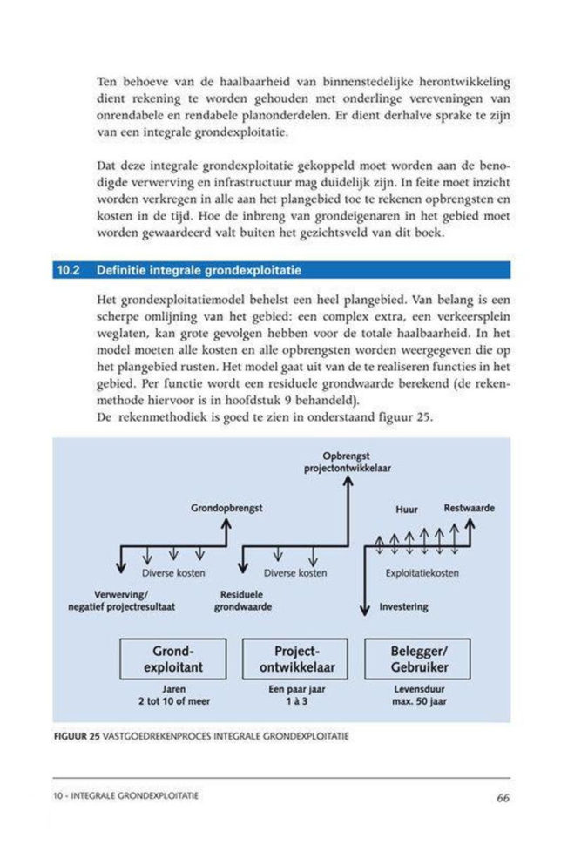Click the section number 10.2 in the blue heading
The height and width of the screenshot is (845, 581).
tap(69, 270)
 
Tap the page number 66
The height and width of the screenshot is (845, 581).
tap(503, 796)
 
